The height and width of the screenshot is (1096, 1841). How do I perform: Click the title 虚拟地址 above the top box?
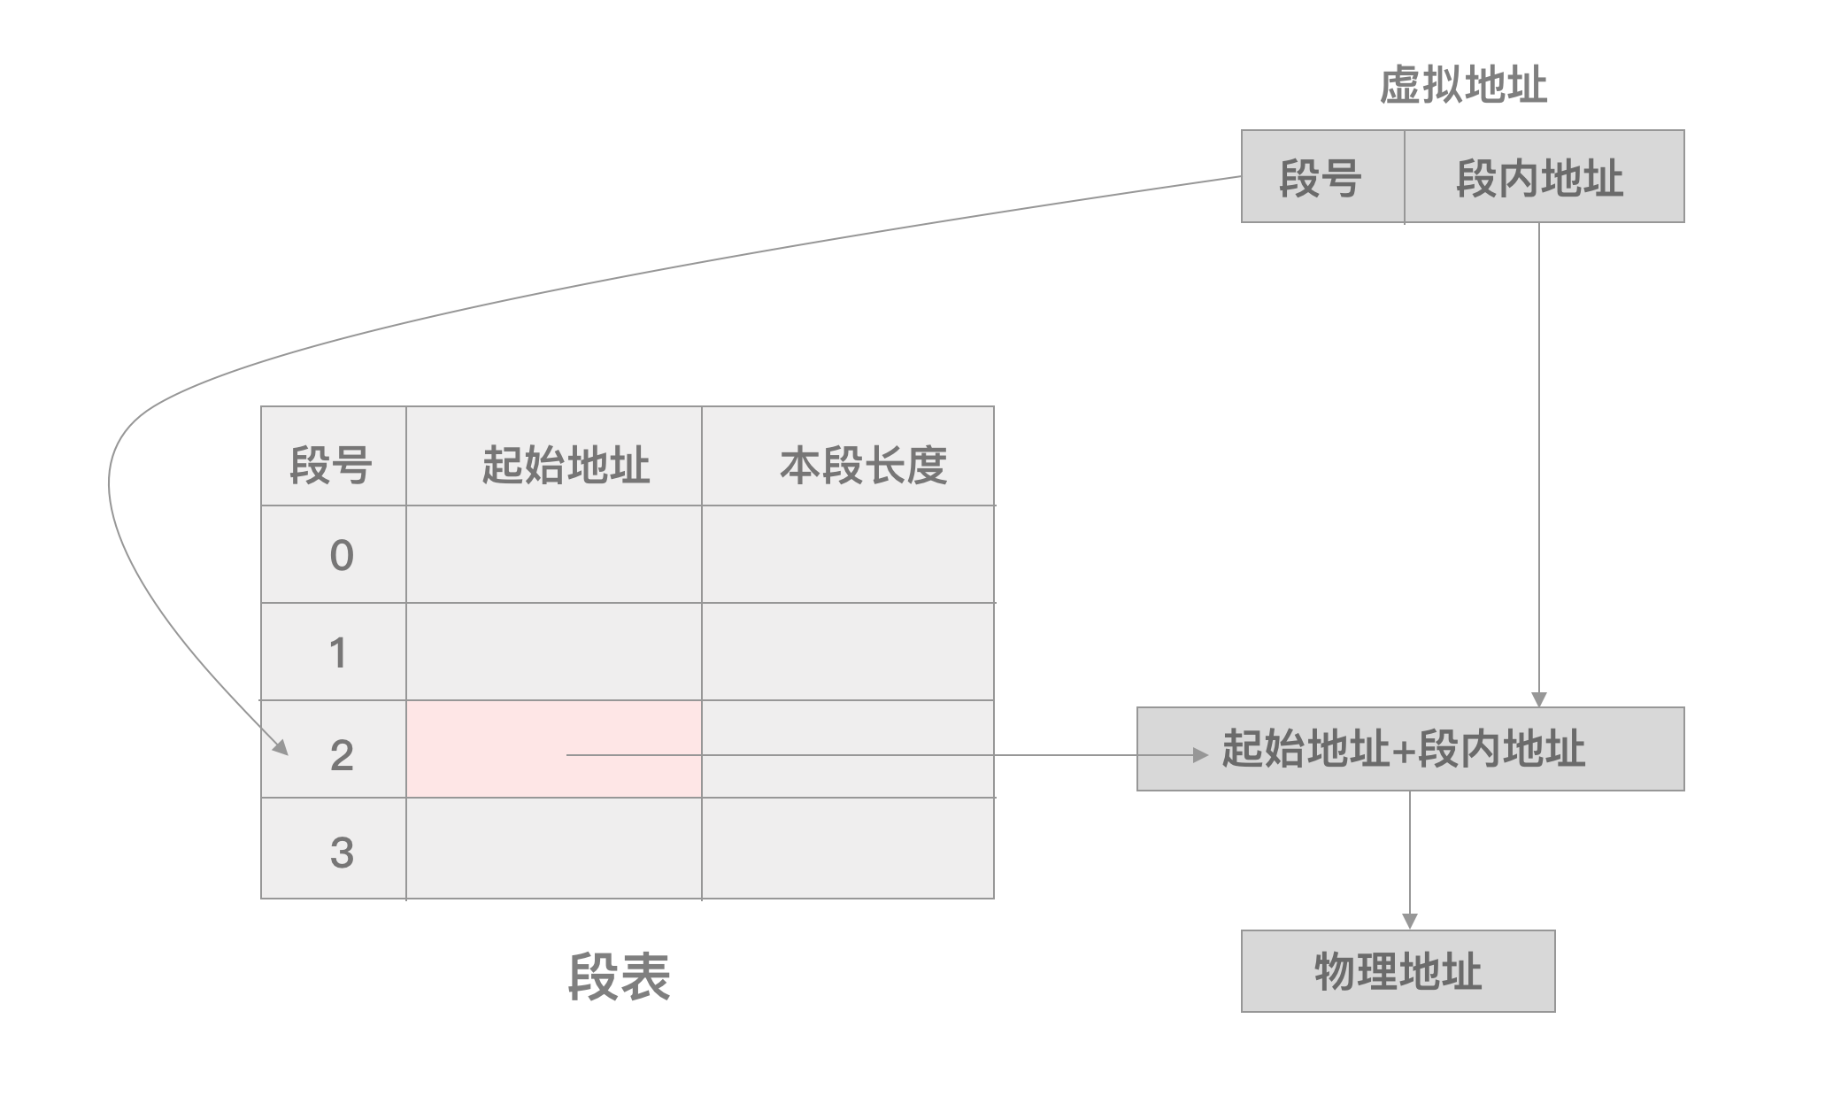[x=1463, y=86]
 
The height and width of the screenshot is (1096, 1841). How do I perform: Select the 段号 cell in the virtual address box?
[x=1321, y=177]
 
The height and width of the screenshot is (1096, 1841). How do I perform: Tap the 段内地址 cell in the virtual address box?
[x=1542, y=177]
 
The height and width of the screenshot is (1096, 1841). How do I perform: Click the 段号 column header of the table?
[x=332, y=464]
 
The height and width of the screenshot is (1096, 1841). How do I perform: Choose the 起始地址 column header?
[x=566, y=464]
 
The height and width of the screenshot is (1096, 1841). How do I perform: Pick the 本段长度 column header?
[x=863, y=464]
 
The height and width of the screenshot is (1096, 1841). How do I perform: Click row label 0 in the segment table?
[x=341, y=555]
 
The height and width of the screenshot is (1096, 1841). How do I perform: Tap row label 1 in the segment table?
[x=338, y=652]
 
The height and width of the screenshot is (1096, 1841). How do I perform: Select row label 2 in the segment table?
[x=342, y=755]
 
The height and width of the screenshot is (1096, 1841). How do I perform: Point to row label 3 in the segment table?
[x=342, y=852]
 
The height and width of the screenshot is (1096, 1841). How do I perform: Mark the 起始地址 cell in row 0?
[x=553, y=554]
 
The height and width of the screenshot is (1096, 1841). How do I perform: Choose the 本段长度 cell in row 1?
[x=847, y=652]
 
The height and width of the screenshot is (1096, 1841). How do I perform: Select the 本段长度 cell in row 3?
[x=847, y=848]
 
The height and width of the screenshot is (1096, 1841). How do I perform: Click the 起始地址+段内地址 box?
[x=1410, y=749]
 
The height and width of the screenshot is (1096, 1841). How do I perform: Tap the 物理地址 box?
[x=1398, y=971]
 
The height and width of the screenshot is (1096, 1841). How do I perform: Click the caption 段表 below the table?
[x=619, y=976]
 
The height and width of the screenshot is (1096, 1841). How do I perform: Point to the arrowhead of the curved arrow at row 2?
[x=281, y=747]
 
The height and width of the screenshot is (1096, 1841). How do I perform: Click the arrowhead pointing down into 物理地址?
[x=1410, y=922]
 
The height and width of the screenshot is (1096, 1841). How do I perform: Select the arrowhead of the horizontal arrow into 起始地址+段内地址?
[x=1201, y=755]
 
